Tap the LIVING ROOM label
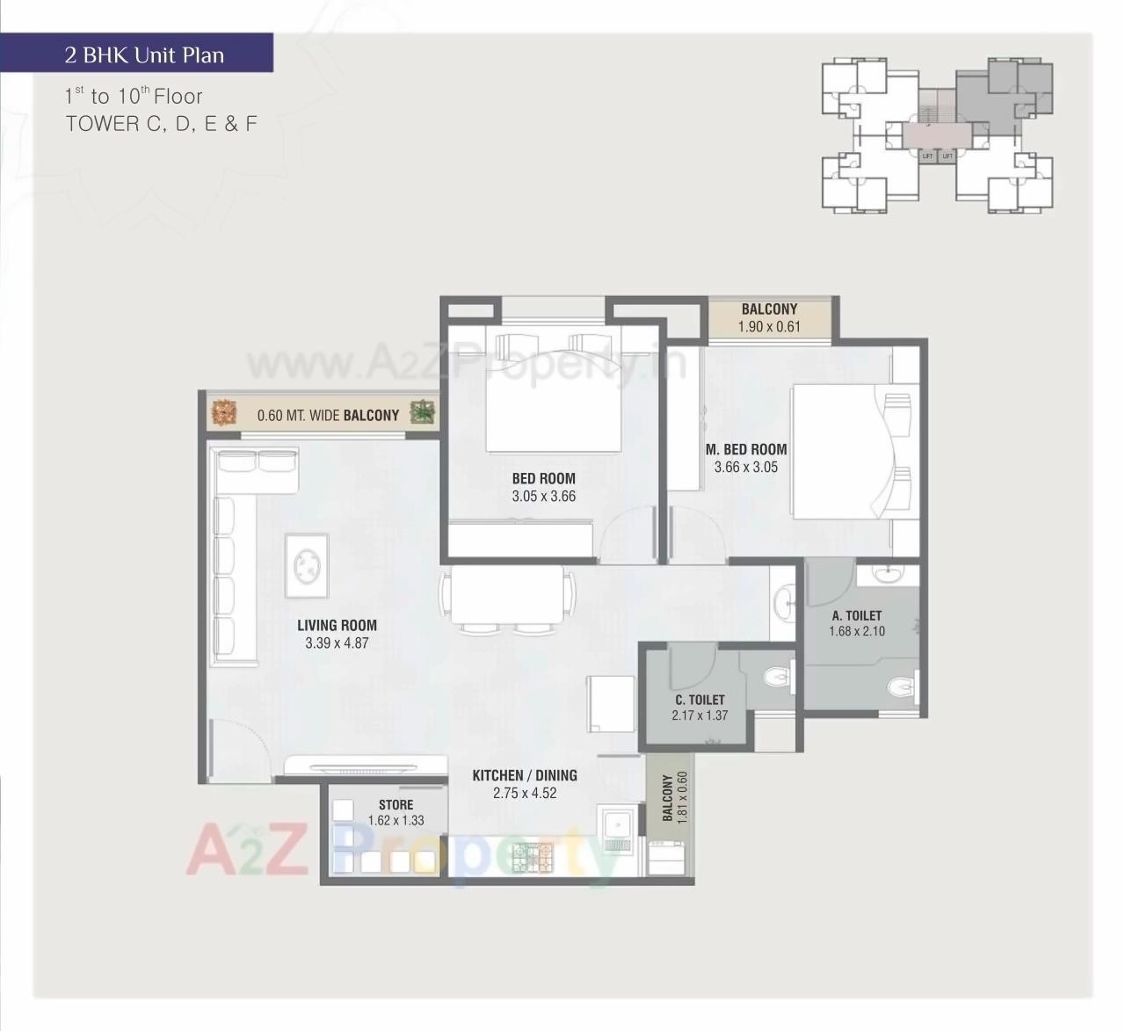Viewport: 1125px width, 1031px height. pyautogui.click(x=337, y=625)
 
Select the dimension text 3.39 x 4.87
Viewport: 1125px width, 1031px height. pyautogui.click(x=337, y=643)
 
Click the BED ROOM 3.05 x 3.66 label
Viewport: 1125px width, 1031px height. pyautogui.click(x=543, y=487)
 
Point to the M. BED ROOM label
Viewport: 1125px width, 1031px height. pyautogui.click(x=746, y=449)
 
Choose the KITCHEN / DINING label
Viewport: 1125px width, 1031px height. pyautogui.click(x=525, y=775)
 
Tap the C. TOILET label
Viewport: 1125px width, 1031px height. pyautogui.click(x=700, y=700)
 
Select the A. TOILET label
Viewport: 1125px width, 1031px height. pyautogui.click(x=856, y=615)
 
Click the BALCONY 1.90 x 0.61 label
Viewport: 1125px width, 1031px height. pyautogui.click(x=769, y=317)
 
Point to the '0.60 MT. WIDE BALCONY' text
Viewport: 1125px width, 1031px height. pyautogui.click(x=328, y=415)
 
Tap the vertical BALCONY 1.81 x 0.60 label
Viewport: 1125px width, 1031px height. pyautogui.click(x=674, y=796)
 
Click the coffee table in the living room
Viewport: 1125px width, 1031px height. pyautogui.click(x=307, y=560)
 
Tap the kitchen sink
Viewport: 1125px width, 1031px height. pyautogui.click(x=618, y=826)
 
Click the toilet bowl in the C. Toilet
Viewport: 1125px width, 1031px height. pyautogui.click(x=776, y=677)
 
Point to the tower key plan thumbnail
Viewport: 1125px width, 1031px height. pyautogui.click(x=936, y=135)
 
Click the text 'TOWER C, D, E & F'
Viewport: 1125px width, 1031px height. pyautogui.click(x=161, y=124)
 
